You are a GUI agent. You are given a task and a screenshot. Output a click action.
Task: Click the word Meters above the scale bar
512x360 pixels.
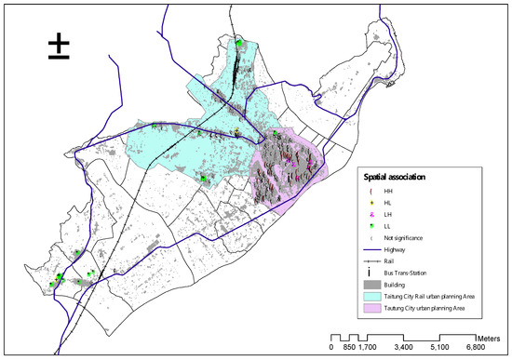tap(492, 332)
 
